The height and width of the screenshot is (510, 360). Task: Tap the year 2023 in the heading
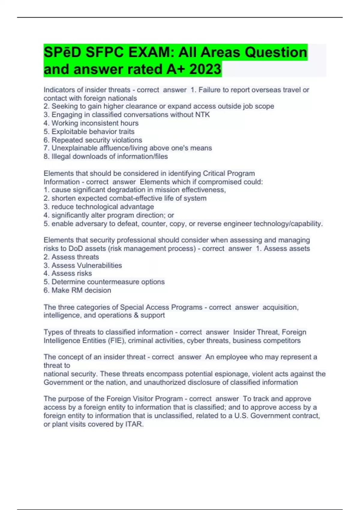205,69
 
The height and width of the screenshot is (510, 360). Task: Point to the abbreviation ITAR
134,424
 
